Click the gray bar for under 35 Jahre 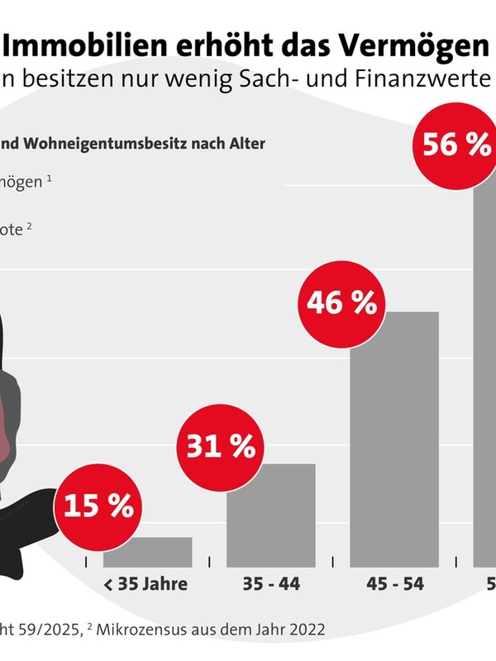159,552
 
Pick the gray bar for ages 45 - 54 394,438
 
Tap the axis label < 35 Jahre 146,584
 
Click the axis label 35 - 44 271,584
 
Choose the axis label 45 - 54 395,584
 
